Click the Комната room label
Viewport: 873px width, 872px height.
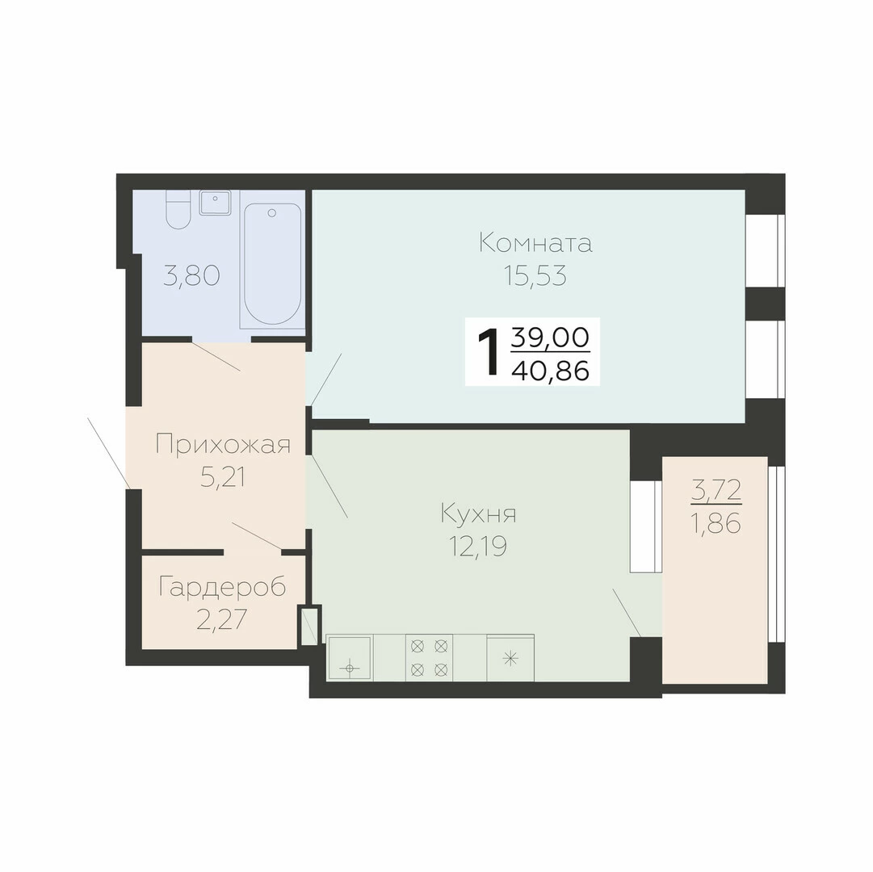[x=535, y=244]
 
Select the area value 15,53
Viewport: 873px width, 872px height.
[x=535, y=275]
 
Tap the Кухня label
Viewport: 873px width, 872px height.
[x=478, y=514]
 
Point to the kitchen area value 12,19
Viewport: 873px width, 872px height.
[x=478, y=547]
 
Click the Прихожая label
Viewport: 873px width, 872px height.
[x=223, y=445]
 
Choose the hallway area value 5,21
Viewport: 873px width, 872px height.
[x=223, y=477]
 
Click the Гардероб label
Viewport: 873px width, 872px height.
[x=222, y=586]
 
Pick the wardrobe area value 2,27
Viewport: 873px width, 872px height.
[x=221, y=619]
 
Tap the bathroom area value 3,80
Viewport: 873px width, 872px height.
[x=191, y=275]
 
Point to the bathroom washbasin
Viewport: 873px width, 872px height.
[x=215, y=203]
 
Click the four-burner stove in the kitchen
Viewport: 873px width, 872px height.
[x=430, y=657]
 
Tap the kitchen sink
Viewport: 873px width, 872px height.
[x=350, y=658]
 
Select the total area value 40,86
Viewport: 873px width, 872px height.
[x=550, y=370]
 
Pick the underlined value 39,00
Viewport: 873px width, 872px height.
[x=550, y=337]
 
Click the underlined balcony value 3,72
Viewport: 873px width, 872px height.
[x=716, y=490]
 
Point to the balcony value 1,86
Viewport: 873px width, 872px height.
[x=716, y=523]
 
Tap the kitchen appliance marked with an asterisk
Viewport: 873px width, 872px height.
[x=510, y=658]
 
